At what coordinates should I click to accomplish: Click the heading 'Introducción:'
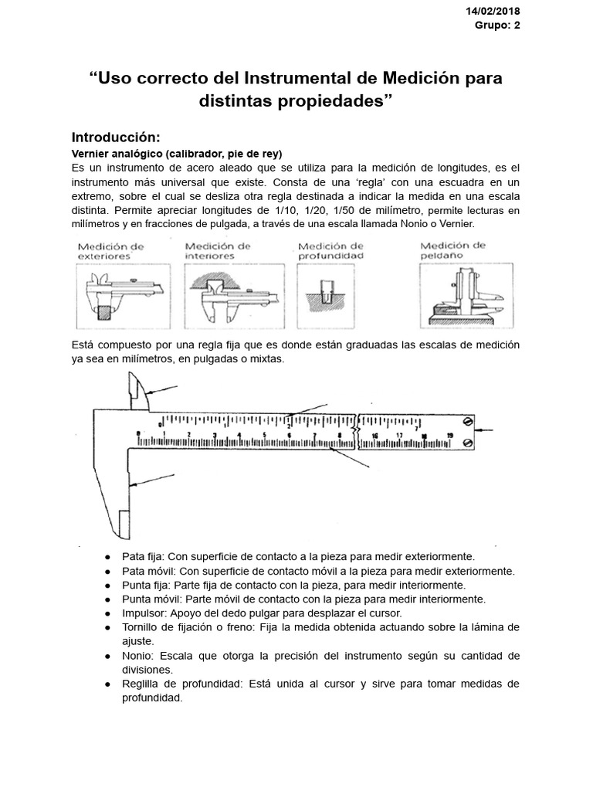115,137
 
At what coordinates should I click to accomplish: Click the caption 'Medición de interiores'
218,250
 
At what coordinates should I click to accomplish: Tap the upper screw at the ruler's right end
466,421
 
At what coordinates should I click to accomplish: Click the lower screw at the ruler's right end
466,442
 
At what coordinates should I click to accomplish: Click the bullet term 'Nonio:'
139,655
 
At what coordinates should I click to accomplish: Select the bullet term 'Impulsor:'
144,612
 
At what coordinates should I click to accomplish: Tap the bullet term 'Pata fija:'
143,556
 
